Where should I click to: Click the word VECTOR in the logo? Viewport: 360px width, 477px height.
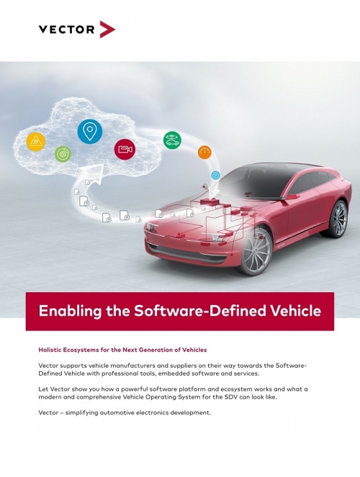pyautogui.click(x=67, y=29)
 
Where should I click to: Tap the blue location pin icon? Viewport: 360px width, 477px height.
pyautogui.click(x=90, y=132)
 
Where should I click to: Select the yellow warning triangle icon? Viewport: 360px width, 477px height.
pyautogui.click(x=36, y=142)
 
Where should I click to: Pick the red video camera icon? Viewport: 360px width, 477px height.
pyautogui.click(x=125, y=149)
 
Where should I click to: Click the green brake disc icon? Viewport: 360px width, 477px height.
pyautogui.click(x=63, y=154)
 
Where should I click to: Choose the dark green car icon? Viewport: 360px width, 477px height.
pyautogui.click(x=172, y=140)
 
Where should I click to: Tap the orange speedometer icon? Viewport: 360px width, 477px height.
pyautogui.click(x=204, y=153)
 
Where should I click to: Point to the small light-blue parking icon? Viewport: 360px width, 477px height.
pyautogui.click(x=215, y=176)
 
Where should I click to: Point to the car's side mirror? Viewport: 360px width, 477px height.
pyautogui.click(x=291, y=197)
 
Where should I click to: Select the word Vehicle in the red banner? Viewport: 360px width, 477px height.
pyautogui.click(x=295, y=311)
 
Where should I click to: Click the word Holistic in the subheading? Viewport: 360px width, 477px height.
pyautogui.click(x=50, y=350)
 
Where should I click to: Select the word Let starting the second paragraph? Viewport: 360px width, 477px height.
pyautogui.click(x=43, y=389)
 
